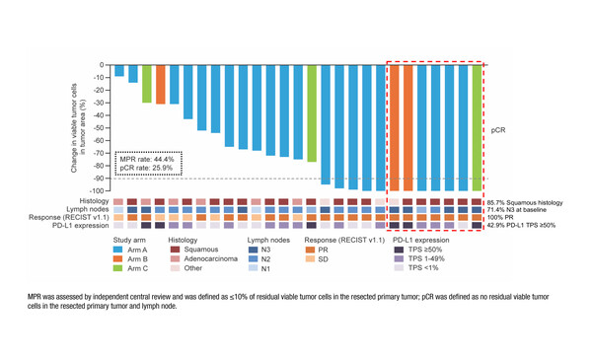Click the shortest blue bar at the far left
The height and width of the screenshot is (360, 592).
pyautogui.click(x=119, y=70)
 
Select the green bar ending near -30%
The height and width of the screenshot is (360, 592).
pyautogui.click(x=147, y=84)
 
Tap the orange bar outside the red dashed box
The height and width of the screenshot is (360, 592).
pyautogui.click(x=161, y=84)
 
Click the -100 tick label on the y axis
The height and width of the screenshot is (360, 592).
pyautogui.click(x=96, y=190)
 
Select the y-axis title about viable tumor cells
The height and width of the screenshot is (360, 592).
pyautogui.click(x=76, y=127)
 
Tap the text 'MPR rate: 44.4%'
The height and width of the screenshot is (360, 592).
pyautogui.click(x=148, y=158)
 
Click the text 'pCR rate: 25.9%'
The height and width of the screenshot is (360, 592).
pyautogui.click(x=148, y=168)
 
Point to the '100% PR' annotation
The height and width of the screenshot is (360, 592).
pyautogui.click(x=505, y=217)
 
